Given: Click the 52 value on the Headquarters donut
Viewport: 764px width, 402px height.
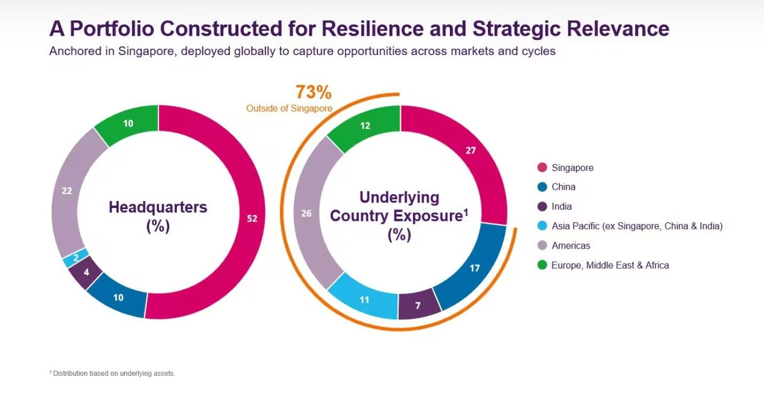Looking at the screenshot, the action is click(x=252, y=219).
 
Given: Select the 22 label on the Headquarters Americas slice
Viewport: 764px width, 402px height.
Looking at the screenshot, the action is click(x=67, y=191).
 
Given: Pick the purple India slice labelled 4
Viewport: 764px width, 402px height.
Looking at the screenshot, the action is click(x=85, y=273).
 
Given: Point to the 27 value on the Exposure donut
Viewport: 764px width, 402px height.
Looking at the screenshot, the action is click(x=471, y=151).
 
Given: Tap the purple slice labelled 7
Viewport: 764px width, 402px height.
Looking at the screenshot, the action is click(x=419, y=305).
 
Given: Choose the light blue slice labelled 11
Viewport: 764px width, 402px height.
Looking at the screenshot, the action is click(x=364, y=299).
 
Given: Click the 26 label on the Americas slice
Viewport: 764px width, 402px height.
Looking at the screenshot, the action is click(x=306, y=214).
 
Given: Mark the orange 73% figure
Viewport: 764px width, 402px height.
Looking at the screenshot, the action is click(x=314, y=92).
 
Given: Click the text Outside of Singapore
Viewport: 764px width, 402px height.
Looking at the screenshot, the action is click(x=289, y=109).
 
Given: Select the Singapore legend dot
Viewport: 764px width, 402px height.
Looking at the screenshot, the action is click(x=542, y=167).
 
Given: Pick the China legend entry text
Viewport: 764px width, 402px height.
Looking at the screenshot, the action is click(x=564, y=187).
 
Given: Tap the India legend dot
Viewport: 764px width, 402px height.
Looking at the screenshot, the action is click(x=542, y=206).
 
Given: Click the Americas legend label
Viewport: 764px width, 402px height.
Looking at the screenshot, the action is click(x=571, y=246).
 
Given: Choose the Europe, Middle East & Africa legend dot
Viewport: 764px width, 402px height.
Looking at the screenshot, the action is click(x=542, y=265).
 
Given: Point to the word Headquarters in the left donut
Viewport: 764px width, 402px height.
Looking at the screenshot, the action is click(x=158, y=207).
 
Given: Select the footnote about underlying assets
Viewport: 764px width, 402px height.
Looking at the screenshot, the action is click(x=112, y=373).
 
